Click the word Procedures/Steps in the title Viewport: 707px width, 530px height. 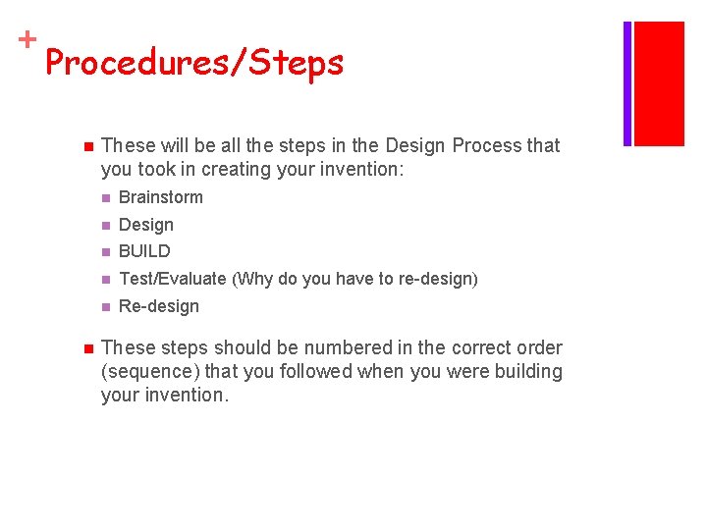[194, 64]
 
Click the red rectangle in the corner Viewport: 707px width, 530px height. [659, 83]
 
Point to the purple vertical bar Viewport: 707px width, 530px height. [627, 83]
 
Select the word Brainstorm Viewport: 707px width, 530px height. [161, 197]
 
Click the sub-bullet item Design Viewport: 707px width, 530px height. [145, 225]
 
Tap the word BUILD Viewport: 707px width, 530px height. [144, 251]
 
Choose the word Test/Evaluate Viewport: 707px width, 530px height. [172, 279]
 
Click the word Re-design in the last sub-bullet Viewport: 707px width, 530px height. [158, 306]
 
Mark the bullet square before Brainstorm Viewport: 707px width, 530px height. [106, 197]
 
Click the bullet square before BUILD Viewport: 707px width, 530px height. [106, 252]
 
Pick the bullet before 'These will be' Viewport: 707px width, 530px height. [86, 146]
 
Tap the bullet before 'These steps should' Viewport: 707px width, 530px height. [86, 348]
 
